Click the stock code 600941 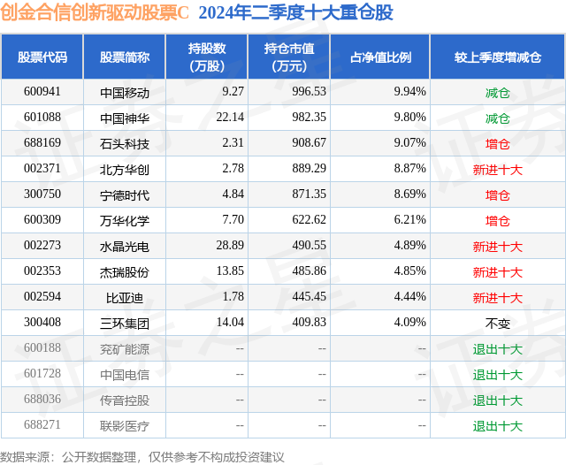(x=42, y=92)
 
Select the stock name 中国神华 (x=125, y=118)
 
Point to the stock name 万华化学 (x=125, y=220)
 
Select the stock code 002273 (x=42, y=246)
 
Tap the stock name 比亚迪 (x=125, y=297)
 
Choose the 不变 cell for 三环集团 (x=498, y=323)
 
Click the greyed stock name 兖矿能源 (x=125, y=348)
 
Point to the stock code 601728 (x=42, y=374)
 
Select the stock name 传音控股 (x=125, y=400)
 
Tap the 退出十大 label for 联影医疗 (x=498, y=425)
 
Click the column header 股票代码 (x=42, y=57)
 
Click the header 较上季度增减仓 (x=498, y=57)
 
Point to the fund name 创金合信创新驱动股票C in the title (x=95, y=12)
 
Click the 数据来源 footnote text (x=142, y=456)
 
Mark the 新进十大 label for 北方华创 (x=498, y=169)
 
